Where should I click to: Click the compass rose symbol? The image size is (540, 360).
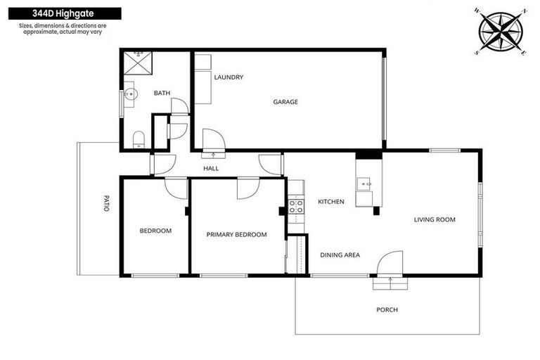[x=501, y=32]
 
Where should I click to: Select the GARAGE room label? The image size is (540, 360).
[x=285, y=102]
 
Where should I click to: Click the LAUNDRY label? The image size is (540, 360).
[x=229, y=77]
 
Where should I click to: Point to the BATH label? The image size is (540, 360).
[x=162, y=93]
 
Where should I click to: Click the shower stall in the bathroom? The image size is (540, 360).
[x=138, y=64]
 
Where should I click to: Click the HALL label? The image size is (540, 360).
[x=211, y=169]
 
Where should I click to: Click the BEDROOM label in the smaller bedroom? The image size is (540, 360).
[x=155, y=231]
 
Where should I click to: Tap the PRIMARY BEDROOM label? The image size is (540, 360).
[x=236, y=235]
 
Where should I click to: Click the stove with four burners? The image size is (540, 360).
[x=297, y=207]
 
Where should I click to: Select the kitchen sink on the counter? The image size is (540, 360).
[x=365, y=184]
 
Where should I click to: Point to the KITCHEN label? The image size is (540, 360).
[x=330, y=202]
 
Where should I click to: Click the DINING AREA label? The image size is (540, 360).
[x=340, y=255]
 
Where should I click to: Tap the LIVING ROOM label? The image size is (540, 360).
[x=435, y=219]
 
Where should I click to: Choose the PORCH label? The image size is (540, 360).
[x=387, y=309]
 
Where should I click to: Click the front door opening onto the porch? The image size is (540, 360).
[x=390, y=265]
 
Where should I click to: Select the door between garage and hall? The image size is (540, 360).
[x=212, y=140]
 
